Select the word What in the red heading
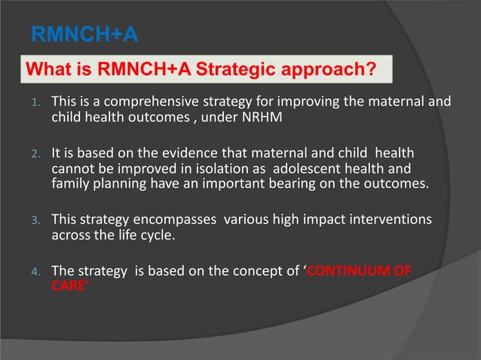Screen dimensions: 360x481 click(x=50, y=70)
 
